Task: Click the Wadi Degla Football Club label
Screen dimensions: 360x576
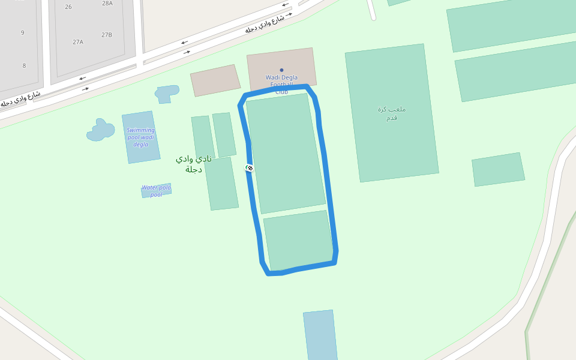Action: (x=281, y=85)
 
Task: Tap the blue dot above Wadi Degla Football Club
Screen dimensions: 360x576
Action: (x=281, y=70)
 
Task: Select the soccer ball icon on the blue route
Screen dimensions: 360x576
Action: (x=250, y=168)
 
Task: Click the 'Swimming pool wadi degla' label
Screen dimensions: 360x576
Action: (x=141, y=137)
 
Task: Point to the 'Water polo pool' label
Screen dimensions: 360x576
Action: (x=156, y=191)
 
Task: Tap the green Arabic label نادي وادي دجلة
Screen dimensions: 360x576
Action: (x=194, y=163)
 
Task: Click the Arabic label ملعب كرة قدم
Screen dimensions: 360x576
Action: (x=392, y=113)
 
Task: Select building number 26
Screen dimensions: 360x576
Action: (x=68, y=7)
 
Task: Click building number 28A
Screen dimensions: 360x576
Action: (x=107, y=4)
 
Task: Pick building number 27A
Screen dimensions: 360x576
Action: (x=78, y=42)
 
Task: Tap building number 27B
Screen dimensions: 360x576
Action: (x=107, y=35)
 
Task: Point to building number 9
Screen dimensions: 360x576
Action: (x=23, y=32)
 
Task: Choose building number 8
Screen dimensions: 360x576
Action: (x=24, y=65)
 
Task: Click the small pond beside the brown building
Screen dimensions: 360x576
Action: (x=167, y=93)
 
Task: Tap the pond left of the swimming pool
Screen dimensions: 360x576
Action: (x=100, y=131)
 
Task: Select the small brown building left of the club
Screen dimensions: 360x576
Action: (x=215, y=80)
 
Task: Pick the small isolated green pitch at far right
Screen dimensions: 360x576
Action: (x=498, y=169)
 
